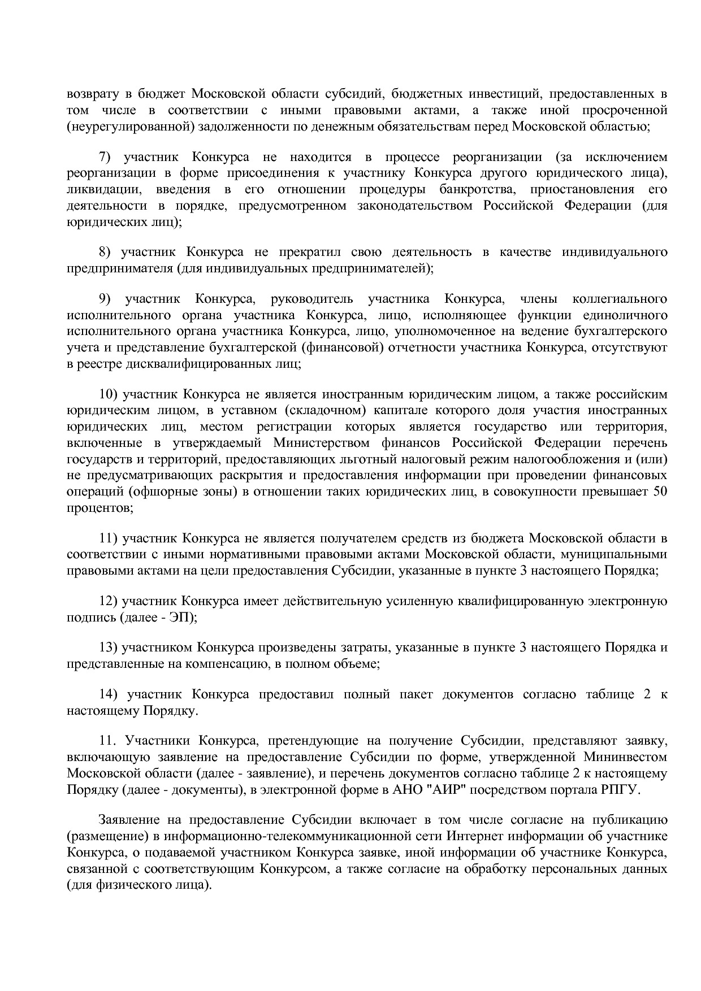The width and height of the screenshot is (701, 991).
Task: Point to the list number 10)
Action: pyautogui.click(x=110, y=394)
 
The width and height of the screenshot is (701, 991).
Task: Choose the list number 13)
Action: pyautogui.click(x=110, y=647)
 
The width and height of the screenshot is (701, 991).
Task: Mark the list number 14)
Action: pyautogui.click(x=110, y=694)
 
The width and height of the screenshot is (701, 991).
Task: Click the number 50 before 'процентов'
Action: pyautogui.click(x=660, y=492)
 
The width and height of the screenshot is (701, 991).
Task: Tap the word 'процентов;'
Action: pyautogui.click(x=100, y=508)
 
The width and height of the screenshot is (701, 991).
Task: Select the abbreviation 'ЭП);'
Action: pyautogui.click(x=183, y=618)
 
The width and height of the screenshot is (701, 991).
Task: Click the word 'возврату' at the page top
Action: pyautogui.click(x=91, y=93)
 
